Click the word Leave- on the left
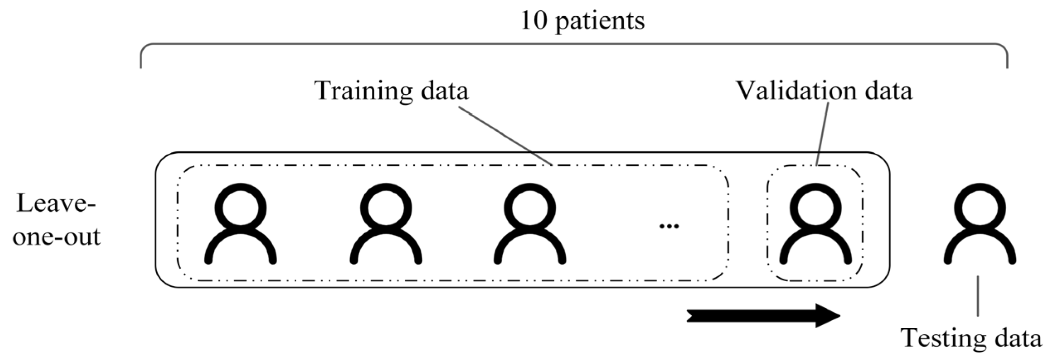click(56, 204)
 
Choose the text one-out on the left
click(56, 237)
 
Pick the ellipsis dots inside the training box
click(668, 226)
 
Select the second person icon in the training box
click(386, 224)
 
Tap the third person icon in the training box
click(530, 224)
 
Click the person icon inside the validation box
click(816, 224)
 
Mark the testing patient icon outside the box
click(980, 224)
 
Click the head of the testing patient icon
click(980, 207)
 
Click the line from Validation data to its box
click(822, 135)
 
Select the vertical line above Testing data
click(978, 296)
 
